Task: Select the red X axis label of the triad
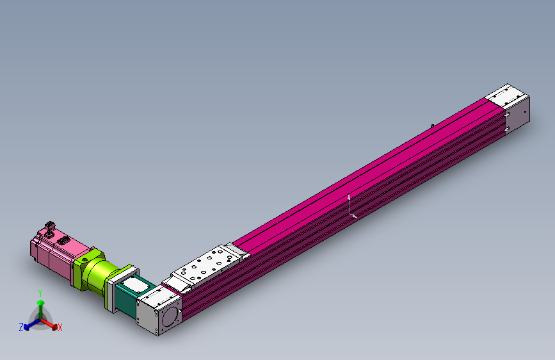pos(60,328)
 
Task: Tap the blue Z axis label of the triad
pos(21,327)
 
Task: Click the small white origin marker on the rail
pos(351,208)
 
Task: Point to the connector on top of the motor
pos(50,227)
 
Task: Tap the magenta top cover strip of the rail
pos(358,170)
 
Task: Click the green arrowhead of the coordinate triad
pos(40,303)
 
